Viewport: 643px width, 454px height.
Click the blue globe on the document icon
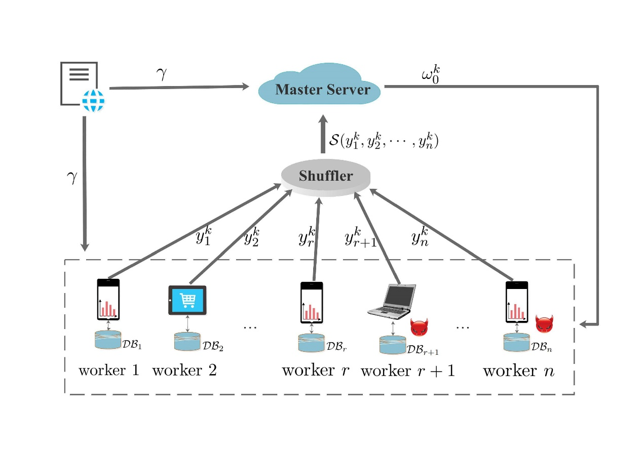pos(93,100)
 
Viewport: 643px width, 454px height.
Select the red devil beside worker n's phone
pos(544,324)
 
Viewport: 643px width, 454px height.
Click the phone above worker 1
pos(108,300)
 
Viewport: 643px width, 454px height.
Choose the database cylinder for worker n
pos(516,342)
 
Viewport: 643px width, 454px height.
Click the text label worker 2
pos(184,370)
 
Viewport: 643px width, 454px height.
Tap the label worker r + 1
pos(407,371)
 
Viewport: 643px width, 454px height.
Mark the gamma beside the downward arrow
pos(72,177)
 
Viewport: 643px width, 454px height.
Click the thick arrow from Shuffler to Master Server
pos(322,134)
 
